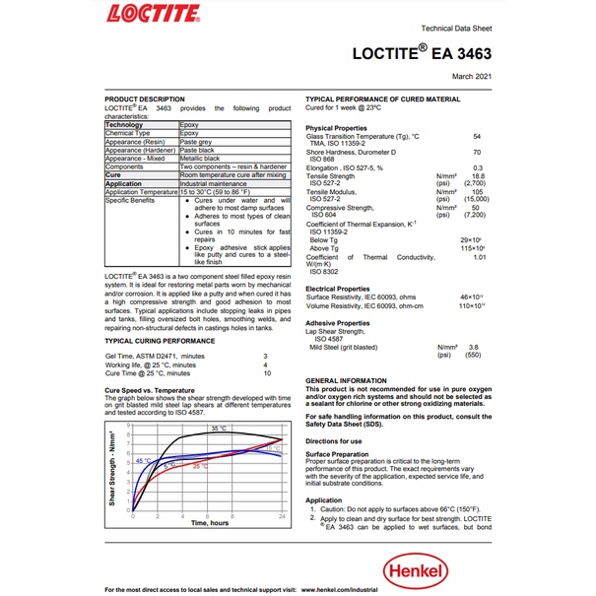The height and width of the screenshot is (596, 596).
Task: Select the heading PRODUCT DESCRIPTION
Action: point(144,99)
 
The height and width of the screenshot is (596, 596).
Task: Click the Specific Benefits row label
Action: point(130,200)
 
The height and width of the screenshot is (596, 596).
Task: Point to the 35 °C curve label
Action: point(218,429)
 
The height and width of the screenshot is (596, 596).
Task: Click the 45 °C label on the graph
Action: point(144,460)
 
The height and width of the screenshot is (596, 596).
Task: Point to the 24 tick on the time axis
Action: point(283,516)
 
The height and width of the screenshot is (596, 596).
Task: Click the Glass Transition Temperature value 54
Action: point(477,135)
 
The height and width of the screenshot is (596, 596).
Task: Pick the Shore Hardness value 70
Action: point(477,152)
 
